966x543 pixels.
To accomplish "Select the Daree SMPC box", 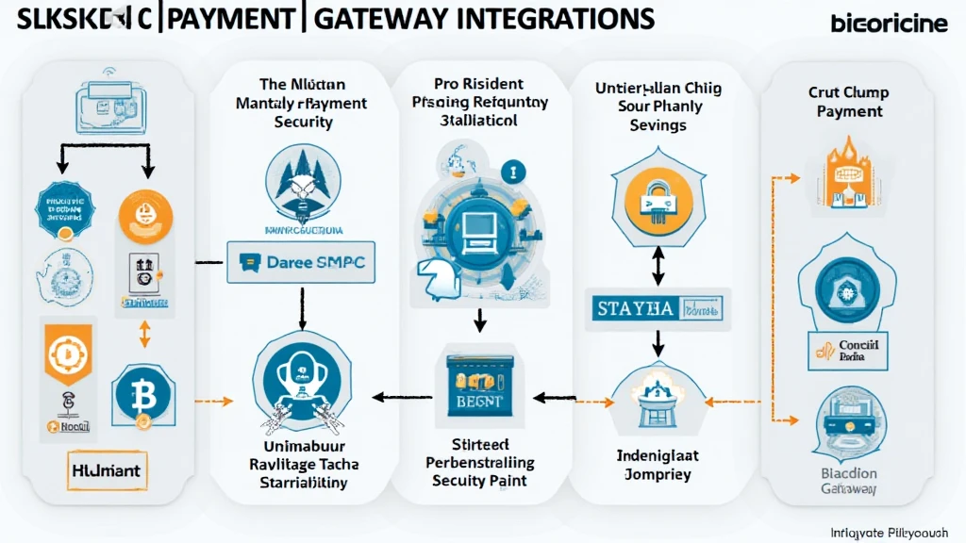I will click(x=301, y=263).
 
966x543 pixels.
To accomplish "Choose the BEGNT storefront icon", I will click(x=479, y=388).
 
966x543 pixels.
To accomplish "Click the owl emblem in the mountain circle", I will click(x=301, y=185).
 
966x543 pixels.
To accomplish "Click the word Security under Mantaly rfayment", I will click(x=301, y=123).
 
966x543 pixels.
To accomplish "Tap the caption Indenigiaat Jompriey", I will click(x=657, y=464).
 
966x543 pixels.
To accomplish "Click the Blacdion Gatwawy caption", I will click(x=848, y=482).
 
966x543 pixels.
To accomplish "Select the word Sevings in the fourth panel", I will click(x=658, y=125).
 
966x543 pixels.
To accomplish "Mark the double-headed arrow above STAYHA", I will click(x=658, y=266).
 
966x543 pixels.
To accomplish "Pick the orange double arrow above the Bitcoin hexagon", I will click(x=144, y=334).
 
